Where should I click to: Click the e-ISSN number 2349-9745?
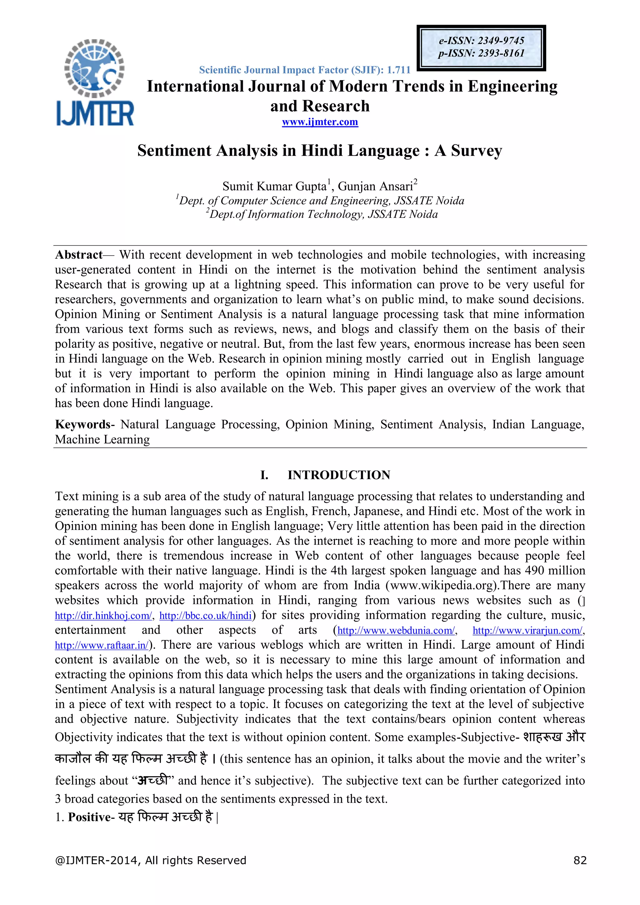[501, 41]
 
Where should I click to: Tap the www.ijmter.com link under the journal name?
[320, 122]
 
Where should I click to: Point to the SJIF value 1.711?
[398, 70]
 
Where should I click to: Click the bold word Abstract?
[78, 255]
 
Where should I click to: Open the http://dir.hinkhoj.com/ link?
[103, 616]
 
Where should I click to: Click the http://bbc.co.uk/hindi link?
[205, 616]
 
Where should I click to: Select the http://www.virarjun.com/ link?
[527, 631]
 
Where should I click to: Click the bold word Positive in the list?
[89, 817]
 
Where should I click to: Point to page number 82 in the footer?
[580, 860]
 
